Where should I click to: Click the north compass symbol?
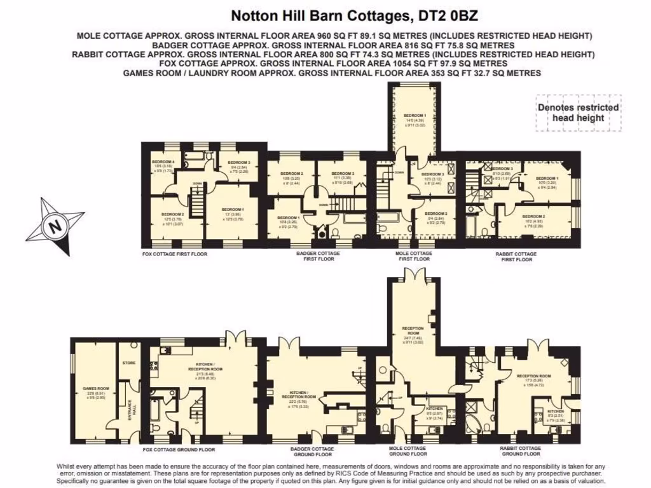pyautogui.click(x=55, y=226)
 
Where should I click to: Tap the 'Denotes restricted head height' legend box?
pyautogui.click(x=578, y=112)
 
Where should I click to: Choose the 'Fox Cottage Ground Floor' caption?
pyautogui.click(x=170, y=449)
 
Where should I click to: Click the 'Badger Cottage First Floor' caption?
pyautogui.click(x=319, y=256)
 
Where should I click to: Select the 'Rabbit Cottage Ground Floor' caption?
pyautogui.click(x=521, y=451)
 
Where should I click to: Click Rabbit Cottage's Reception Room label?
pyautogui.click(x=533, y=376)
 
